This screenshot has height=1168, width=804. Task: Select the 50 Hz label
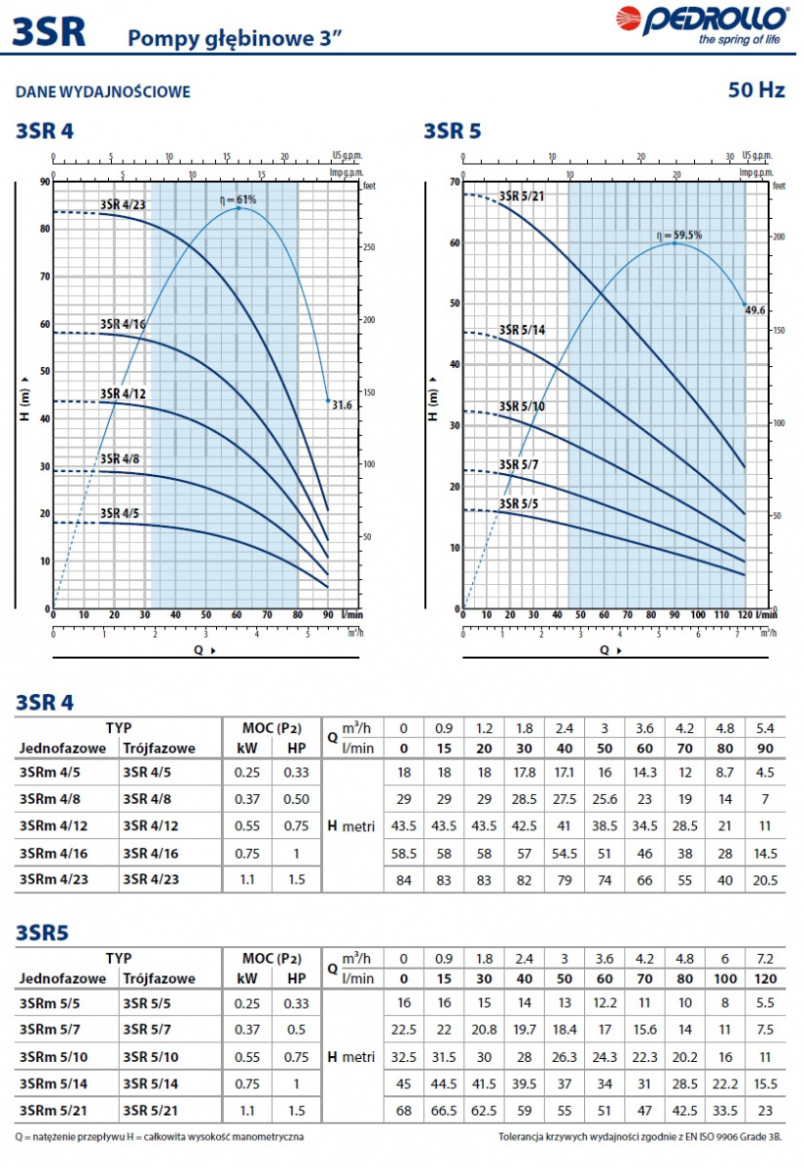pyautogui.click(x=756, y=91)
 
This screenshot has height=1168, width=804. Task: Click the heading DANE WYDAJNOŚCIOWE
pyautogui.click(x=103, y=92)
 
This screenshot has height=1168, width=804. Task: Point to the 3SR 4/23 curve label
pyautogui.click(x=123, y=204)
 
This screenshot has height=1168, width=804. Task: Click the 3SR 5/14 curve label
pyautogui.click(x=522, y=330)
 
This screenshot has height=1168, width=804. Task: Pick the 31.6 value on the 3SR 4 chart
pyautogui.click(x=343, y=405)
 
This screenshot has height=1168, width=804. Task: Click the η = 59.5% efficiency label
pyautogui.click(x=678, y=236)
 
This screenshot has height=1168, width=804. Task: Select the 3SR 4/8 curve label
pyautogui.click(x=120, y=458)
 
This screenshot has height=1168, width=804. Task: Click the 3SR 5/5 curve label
pyautogui.click(x=519, y=503)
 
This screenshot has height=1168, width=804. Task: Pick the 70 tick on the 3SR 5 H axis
pyautogui.click(x=454, y=183)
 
